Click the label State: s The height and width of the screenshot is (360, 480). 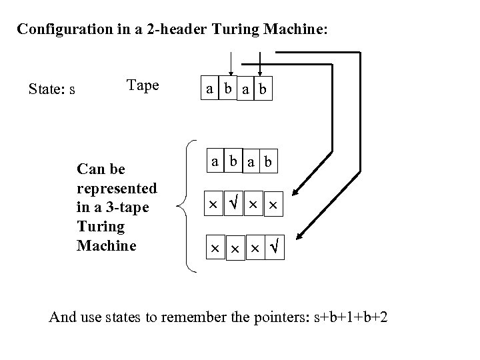tap(51, 89)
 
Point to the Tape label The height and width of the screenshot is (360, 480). tap(142, 85)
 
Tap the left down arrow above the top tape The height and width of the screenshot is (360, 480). tap(231, 67)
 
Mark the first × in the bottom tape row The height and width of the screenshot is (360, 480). tap(213, 248)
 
